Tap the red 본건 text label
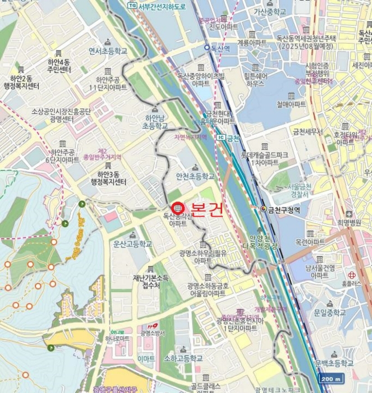207,209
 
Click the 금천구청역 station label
288,209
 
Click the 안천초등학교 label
195,176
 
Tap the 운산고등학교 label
132,244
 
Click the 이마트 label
146,358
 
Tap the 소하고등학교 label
183,358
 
